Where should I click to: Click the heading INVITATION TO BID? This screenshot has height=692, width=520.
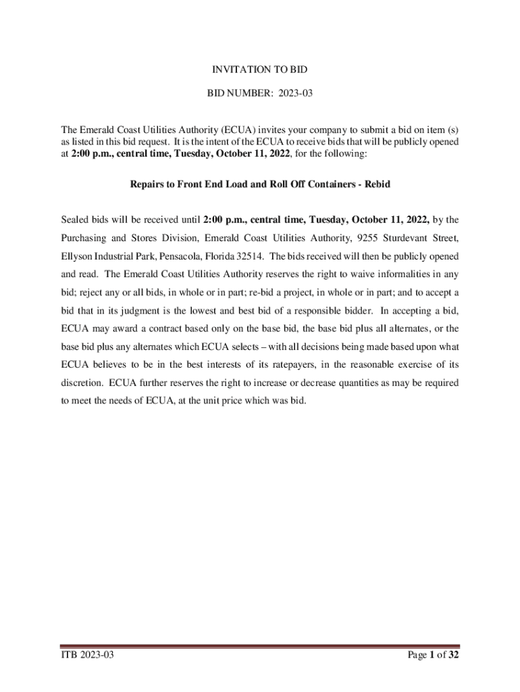pos(260,70)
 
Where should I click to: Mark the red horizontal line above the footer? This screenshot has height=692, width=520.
pos(260,646)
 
